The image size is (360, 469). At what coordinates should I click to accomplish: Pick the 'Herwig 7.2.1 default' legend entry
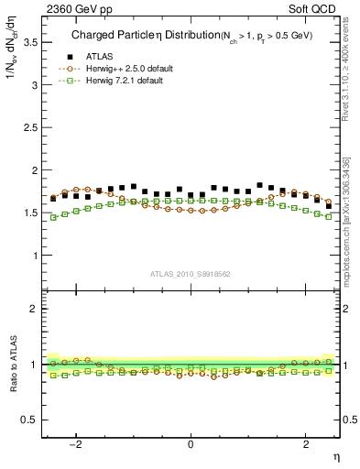(125, 82)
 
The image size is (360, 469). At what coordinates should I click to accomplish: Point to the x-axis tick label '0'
(191, 444)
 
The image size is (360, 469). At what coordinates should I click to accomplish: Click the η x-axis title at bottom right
(336, 455)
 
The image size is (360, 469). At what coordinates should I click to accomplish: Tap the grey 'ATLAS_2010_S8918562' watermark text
(190, 274)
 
